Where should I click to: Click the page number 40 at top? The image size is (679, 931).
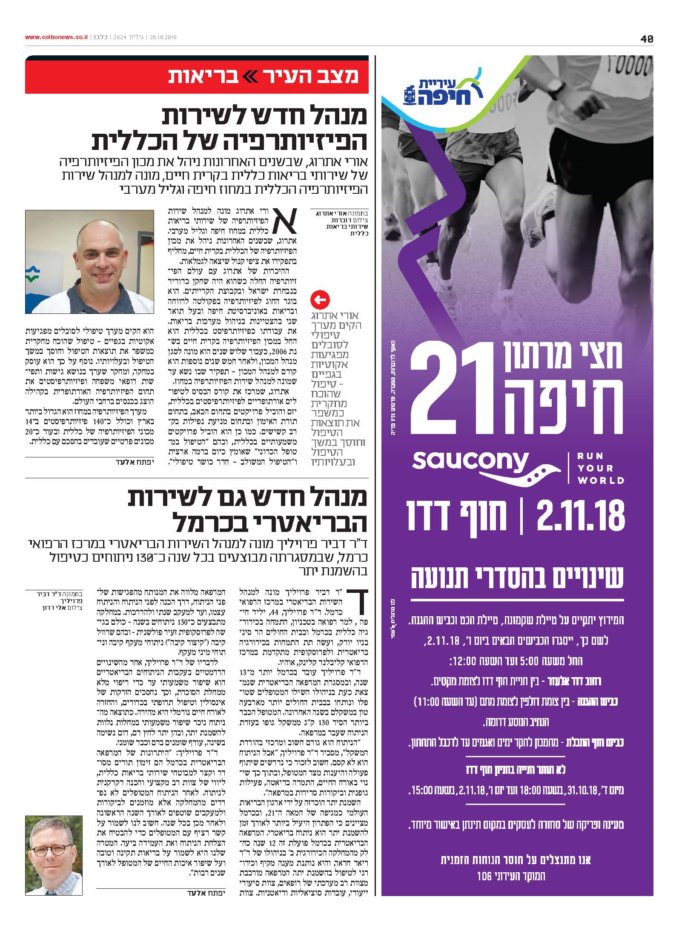(x=646, y=39)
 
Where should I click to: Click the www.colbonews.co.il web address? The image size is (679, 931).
(x=56, y=37)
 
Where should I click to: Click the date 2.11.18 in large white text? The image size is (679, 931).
(x=581, y=516)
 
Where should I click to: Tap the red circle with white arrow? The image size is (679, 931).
(x=320, y=300)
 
